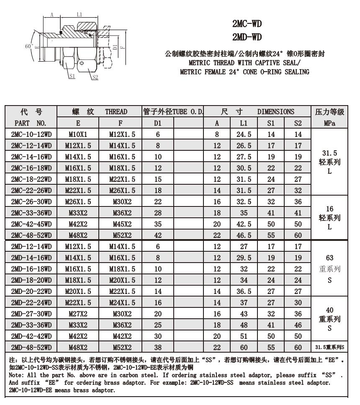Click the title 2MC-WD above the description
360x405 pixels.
[247, 24]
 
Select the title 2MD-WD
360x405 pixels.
[247, 38]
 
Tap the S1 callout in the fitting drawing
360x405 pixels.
[72, 77]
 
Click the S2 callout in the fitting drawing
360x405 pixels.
[95, 77]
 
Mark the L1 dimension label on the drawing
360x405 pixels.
[80, 15]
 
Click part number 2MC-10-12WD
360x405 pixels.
[31, 134]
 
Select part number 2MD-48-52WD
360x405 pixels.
[31, 347]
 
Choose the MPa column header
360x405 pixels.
[329, 123]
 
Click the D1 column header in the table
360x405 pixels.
[157, 123]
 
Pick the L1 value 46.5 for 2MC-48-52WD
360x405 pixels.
[243, 235]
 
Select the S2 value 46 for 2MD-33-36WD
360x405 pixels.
[298, 325]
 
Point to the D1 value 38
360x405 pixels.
[157, 347]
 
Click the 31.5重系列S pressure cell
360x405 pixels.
[329, 347]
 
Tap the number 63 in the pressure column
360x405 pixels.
[329, 258]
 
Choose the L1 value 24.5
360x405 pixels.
[243, 134]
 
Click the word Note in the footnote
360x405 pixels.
[16, 375]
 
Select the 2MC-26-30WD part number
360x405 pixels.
[31, 201]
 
